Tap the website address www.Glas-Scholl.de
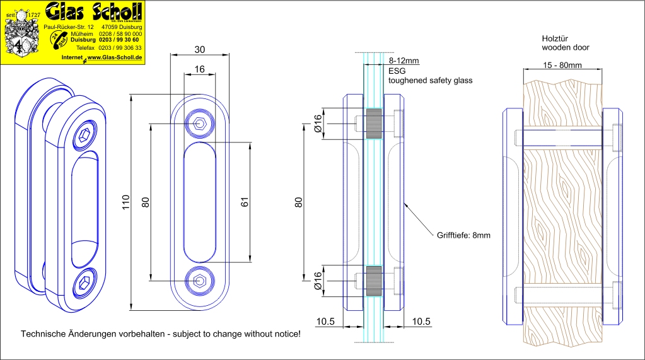113,57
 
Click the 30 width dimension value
199,50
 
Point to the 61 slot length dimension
245,202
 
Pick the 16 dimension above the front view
199,70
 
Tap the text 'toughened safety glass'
430,81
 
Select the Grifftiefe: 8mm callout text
463,235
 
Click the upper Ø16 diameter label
318,124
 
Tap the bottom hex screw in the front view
199,280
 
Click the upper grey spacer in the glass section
373,124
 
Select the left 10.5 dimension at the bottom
325,322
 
